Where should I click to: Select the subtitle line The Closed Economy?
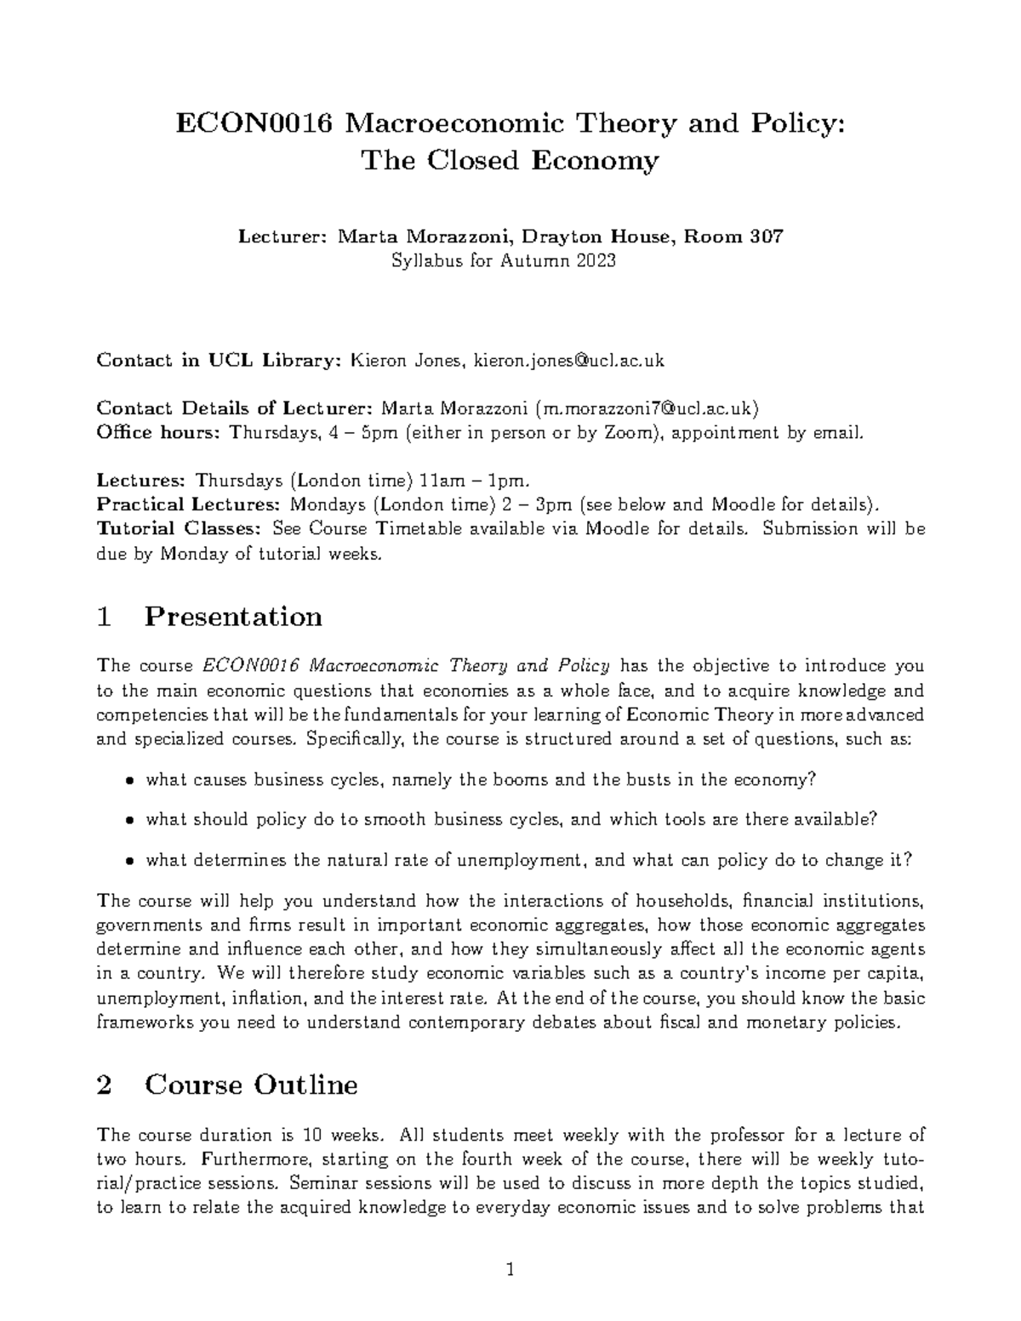pos(510,161)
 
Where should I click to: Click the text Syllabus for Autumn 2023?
pos(503,261)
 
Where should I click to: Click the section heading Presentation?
pos(233,616)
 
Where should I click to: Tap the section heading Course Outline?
pos(251,1085)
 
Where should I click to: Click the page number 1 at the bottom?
pos(510,1272)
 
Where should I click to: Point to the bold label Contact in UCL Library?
pos(218,361)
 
